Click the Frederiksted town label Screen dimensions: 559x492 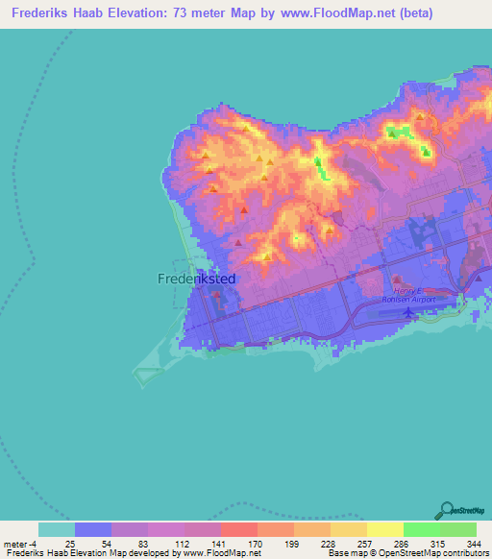[195, 279]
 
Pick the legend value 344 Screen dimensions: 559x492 [472, 543]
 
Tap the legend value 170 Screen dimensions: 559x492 [254, 543]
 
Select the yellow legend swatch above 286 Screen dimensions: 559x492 [384, 529]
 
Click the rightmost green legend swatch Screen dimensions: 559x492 [457, 529]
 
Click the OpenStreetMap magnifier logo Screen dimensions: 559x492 [448, 509]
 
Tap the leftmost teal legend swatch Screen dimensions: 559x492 [57, 529]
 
